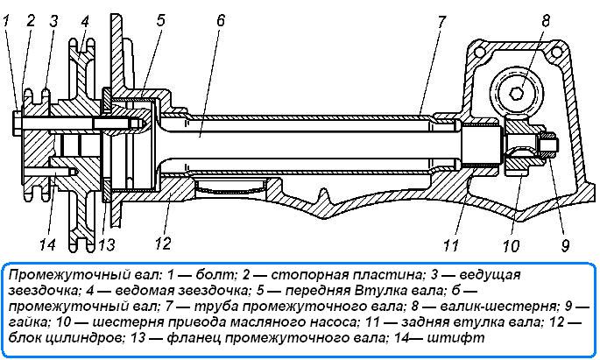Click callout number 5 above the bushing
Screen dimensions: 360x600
click(159, 19)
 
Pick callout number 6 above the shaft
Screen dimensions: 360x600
click(220, 19)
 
